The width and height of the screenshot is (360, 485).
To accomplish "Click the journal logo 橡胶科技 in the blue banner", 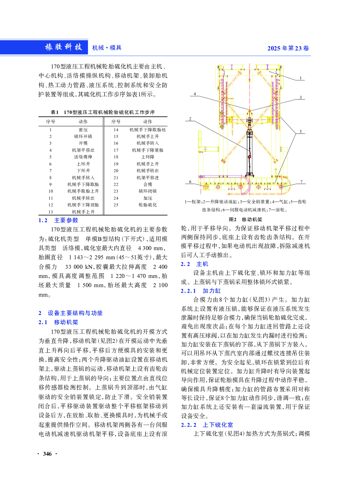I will pos(64,47).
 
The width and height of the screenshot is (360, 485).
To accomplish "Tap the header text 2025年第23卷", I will pos(288,48).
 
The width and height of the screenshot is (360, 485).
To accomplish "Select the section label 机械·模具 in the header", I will pos(107,48).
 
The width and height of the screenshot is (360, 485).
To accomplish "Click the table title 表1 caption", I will pos(103,112).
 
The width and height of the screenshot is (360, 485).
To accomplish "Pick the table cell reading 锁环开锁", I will pos(83,137).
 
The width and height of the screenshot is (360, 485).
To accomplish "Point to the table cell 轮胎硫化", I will pos(148,205).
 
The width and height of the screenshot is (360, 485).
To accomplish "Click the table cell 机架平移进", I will pos(148,178).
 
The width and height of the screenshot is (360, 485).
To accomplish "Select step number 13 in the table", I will pos(50,212).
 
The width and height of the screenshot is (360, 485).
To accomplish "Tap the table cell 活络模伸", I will pos(83,157).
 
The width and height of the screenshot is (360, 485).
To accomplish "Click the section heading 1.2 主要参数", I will pos(58,220).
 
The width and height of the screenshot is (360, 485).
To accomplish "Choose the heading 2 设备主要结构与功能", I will pos(71,313).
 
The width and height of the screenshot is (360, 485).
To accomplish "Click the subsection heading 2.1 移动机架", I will pos(58,322).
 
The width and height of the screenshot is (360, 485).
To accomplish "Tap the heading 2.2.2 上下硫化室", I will pos(207,425).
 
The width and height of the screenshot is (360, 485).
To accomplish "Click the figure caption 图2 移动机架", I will pos(245,219).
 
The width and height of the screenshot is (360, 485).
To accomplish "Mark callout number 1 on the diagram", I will pos(301,78).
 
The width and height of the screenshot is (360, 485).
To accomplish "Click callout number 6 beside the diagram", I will pos(190,182).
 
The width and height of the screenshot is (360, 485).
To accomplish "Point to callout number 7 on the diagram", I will pos(301,182).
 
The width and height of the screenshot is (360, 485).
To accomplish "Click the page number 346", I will pos(47,454).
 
